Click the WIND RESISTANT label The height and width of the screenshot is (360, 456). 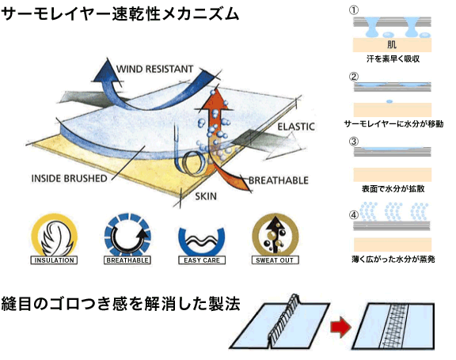tap(154, 69)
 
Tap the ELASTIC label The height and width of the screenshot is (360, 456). tap(296, 127)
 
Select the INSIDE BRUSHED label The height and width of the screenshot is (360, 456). tap(69, 178)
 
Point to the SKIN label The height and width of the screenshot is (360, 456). tap(206, 196)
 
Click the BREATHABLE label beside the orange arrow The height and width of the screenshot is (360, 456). tap(279, 180)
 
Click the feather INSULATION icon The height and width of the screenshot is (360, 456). tap(55, 239)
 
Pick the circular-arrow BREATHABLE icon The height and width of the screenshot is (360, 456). tap(127, 239)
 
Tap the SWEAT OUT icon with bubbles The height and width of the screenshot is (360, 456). tap(275, 239)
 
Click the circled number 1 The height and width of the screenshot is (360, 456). tap(354, 10)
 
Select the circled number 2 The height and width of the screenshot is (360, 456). tap(354, 77)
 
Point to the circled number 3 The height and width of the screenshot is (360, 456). tap(354, 142)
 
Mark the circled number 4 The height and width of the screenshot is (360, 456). tap(354, 215)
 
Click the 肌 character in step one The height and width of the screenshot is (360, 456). tap(392, 44)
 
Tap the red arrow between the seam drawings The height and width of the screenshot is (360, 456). tap(340, 327)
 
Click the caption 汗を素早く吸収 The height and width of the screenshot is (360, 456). tap(393, 59)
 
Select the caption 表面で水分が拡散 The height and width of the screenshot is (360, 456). tap(393, 189)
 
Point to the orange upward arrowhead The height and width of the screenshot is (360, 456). tap(215, 99)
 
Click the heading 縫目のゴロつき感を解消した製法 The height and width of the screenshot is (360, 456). tap(120, 304)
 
